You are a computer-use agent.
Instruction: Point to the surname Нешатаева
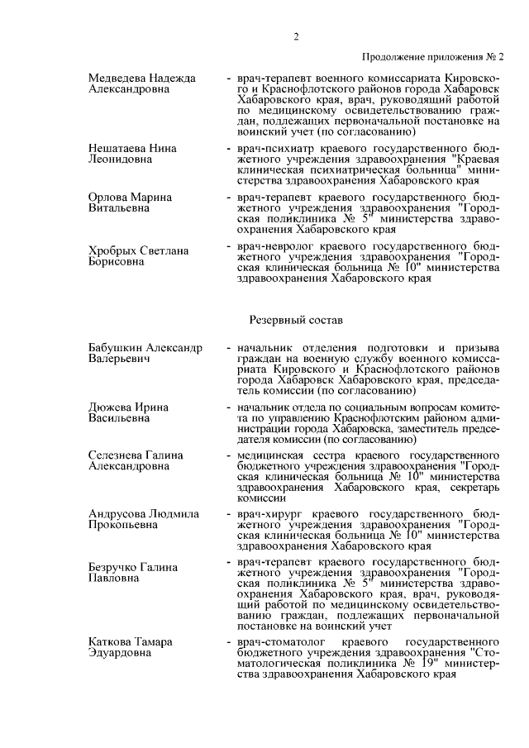pos(117,149)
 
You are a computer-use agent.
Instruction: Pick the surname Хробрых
pos(112,250)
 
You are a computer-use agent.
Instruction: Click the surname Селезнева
pos(117,455)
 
